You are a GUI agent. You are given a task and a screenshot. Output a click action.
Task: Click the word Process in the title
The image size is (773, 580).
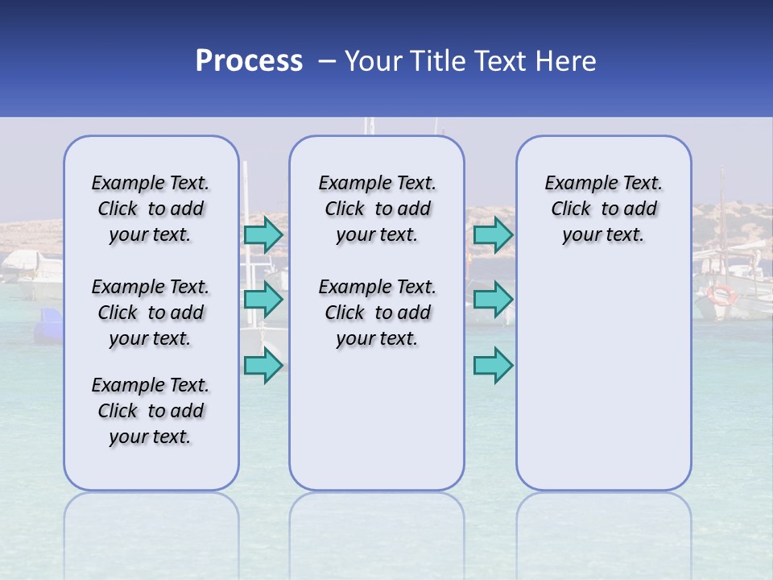pos(249,61)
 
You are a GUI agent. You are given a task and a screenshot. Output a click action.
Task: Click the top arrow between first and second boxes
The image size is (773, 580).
pos(263,234)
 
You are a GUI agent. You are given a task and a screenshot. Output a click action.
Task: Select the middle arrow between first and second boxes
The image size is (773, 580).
pos(263,300)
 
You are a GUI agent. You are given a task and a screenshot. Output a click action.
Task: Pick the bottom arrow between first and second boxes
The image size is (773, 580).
pos(263,366)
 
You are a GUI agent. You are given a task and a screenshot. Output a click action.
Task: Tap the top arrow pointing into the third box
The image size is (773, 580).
pos(493,234)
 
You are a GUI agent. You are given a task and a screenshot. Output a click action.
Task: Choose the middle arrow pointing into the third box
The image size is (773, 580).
pos(493,300)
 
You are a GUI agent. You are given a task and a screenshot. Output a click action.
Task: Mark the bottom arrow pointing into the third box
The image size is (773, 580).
pos(493,366)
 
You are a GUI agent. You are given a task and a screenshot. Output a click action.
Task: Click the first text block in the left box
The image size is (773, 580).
pos(151,209)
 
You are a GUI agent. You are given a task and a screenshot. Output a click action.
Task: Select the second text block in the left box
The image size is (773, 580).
pos(151,313)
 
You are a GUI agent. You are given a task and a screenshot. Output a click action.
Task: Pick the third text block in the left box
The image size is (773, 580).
pos(151,411)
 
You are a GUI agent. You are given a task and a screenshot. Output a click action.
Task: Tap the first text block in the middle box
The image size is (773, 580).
pos(377,209)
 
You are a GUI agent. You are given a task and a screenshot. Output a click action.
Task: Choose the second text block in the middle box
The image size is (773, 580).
pos(377,313)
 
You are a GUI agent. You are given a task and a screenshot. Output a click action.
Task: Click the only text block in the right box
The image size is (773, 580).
pos(603,209)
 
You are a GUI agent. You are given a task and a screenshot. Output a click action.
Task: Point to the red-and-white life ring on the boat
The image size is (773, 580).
pos(721,294)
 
